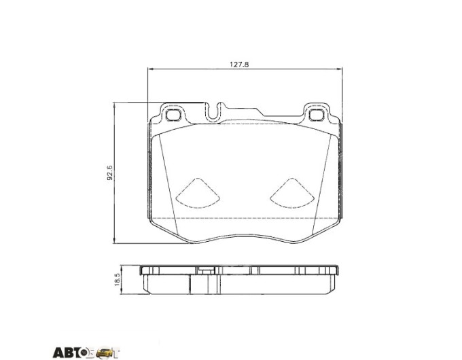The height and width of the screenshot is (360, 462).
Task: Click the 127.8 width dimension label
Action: [x=239, y=65]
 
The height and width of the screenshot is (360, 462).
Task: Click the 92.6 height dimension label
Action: [x=109, y=173]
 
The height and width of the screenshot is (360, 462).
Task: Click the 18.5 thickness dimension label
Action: [x=117, y=279]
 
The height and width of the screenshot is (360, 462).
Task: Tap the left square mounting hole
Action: [x=173, y=115]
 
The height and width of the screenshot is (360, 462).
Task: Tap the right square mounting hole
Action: [x=317, y=115]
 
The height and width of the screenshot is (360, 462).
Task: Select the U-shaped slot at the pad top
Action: [x=213, y=113]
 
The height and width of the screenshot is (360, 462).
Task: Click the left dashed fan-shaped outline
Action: [x=198, y=194]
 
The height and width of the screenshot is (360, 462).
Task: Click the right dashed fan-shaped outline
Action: [x=292, y=194]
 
